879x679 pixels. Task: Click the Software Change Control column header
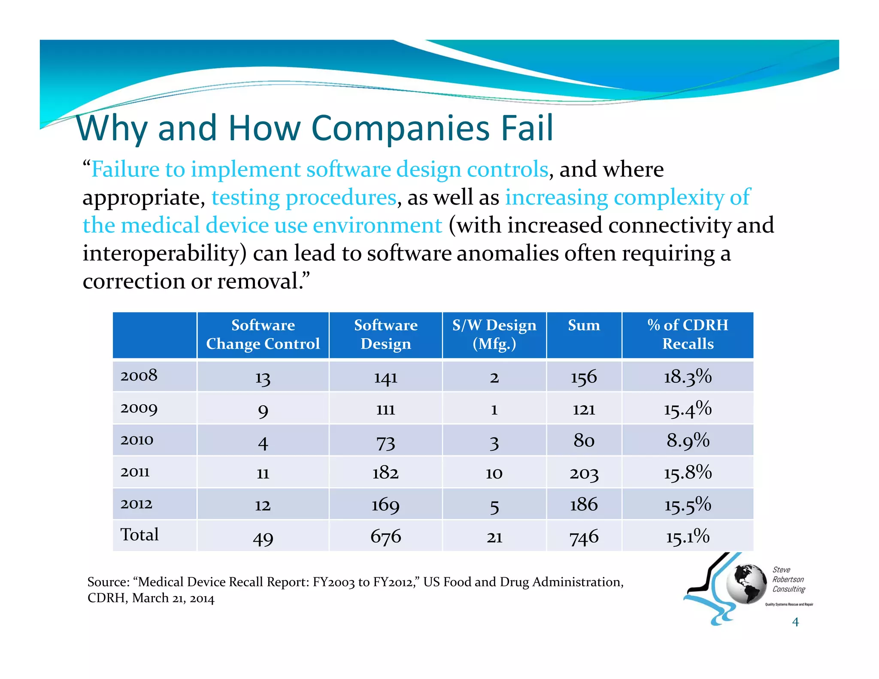pos(263,334)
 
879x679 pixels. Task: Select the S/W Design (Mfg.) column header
pos(494,334)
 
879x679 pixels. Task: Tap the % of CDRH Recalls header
pos(688,334)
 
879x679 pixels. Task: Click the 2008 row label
pos(139,376)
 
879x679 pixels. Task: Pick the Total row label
pos(139,535)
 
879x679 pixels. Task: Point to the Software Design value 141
pos(385,377)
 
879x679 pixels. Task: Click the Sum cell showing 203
pos(584,473)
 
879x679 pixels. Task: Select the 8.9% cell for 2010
pos(688,440)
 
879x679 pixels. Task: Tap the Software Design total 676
pos(385,537)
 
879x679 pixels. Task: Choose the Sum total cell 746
pos(584,537)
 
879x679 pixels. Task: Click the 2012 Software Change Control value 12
pos(263,505)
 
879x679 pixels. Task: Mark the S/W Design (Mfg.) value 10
pos(494,473)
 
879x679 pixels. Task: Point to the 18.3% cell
pos(688,377)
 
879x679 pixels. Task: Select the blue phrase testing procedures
pos(304,197)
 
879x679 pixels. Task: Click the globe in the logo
pos(746,584)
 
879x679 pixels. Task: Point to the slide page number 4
pos(795,621)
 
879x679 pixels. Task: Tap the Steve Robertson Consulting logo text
pos(788,579)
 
